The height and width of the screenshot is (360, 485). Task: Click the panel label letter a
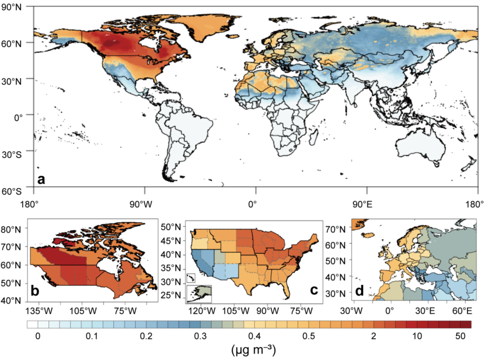point(41,180)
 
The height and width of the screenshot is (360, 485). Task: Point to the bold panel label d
point(359,291)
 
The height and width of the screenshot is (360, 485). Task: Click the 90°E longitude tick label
point(362,204)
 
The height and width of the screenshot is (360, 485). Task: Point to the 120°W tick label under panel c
point(200,311)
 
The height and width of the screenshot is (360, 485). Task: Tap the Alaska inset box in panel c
point(199,294)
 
